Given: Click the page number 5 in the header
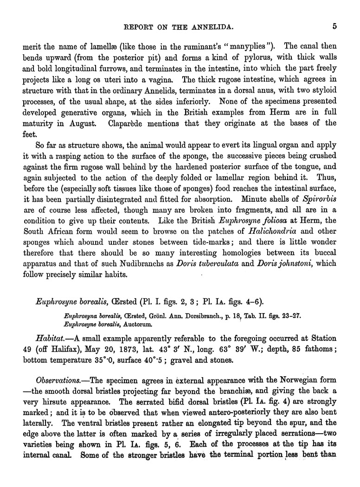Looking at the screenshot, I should point(334,26).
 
